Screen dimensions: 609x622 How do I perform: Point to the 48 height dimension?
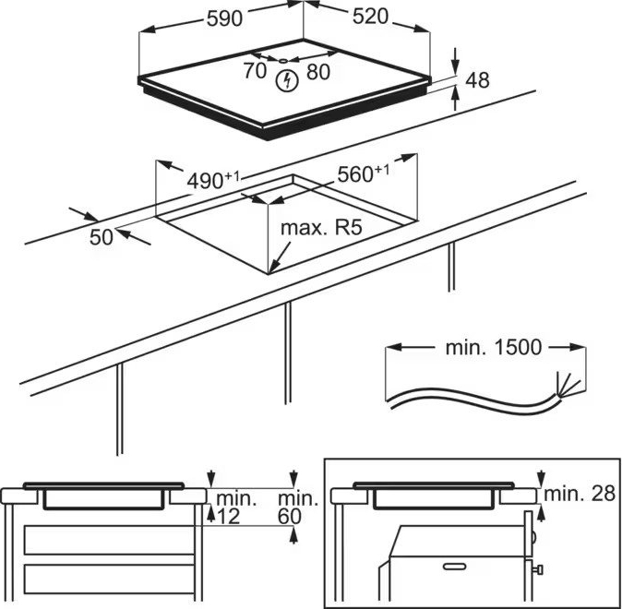click(476, 80)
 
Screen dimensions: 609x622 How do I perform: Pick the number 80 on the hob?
click(317, 71)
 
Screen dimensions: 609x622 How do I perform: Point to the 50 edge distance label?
click(101, 236)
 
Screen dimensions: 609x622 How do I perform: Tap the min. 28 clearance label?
click(579, 494)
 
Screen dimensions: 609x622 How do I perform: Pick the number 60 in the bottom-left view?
click(290, 518)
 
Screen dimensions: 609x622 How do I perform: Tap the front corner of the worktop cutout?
click(271, 272)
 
